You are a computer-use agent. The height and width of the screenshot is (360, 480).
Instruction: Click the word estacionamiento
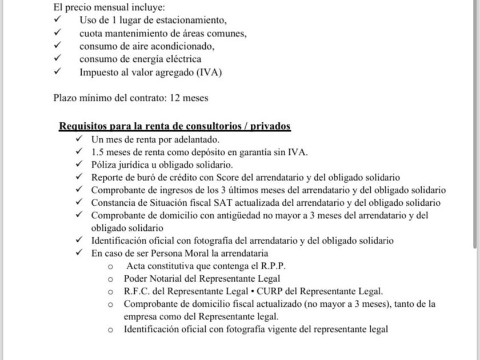(x=193, y=21)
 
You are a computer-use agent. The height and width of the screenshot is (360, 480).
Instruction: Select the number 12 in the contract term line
(x=176, y=98)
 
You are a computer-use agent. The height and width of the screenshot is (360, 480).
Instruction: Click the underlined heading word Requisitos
(x=83, y=126)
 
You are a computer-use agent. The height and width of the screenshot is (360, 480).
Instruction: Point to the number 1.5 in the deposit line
(x=99, y=152)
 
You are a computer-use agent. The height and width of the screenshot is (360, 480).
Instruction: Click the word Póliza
(x=105, y=165)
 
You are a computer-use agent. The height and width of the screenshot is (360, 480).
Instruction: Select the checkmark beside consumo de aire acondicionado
(x=57, y=46)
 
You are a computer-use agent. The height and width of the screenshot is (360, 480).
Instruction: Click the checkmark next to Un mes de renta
(x=79, y=139)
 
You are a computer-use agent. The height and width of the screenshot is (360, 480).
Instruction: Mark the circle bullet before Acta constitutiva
(x=110, y=267)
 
